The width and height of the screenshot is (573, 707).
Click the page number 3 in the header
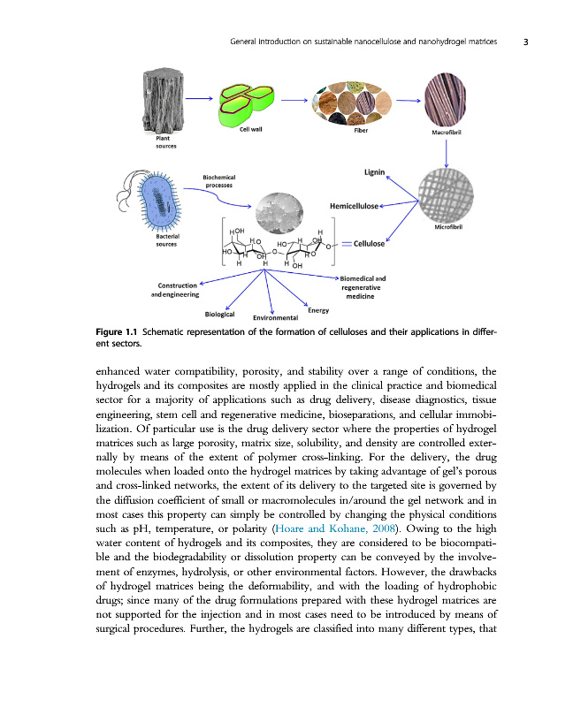click(525, 42)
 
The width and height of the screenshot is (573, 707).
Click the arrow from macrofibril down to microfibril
click(448, 151)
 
